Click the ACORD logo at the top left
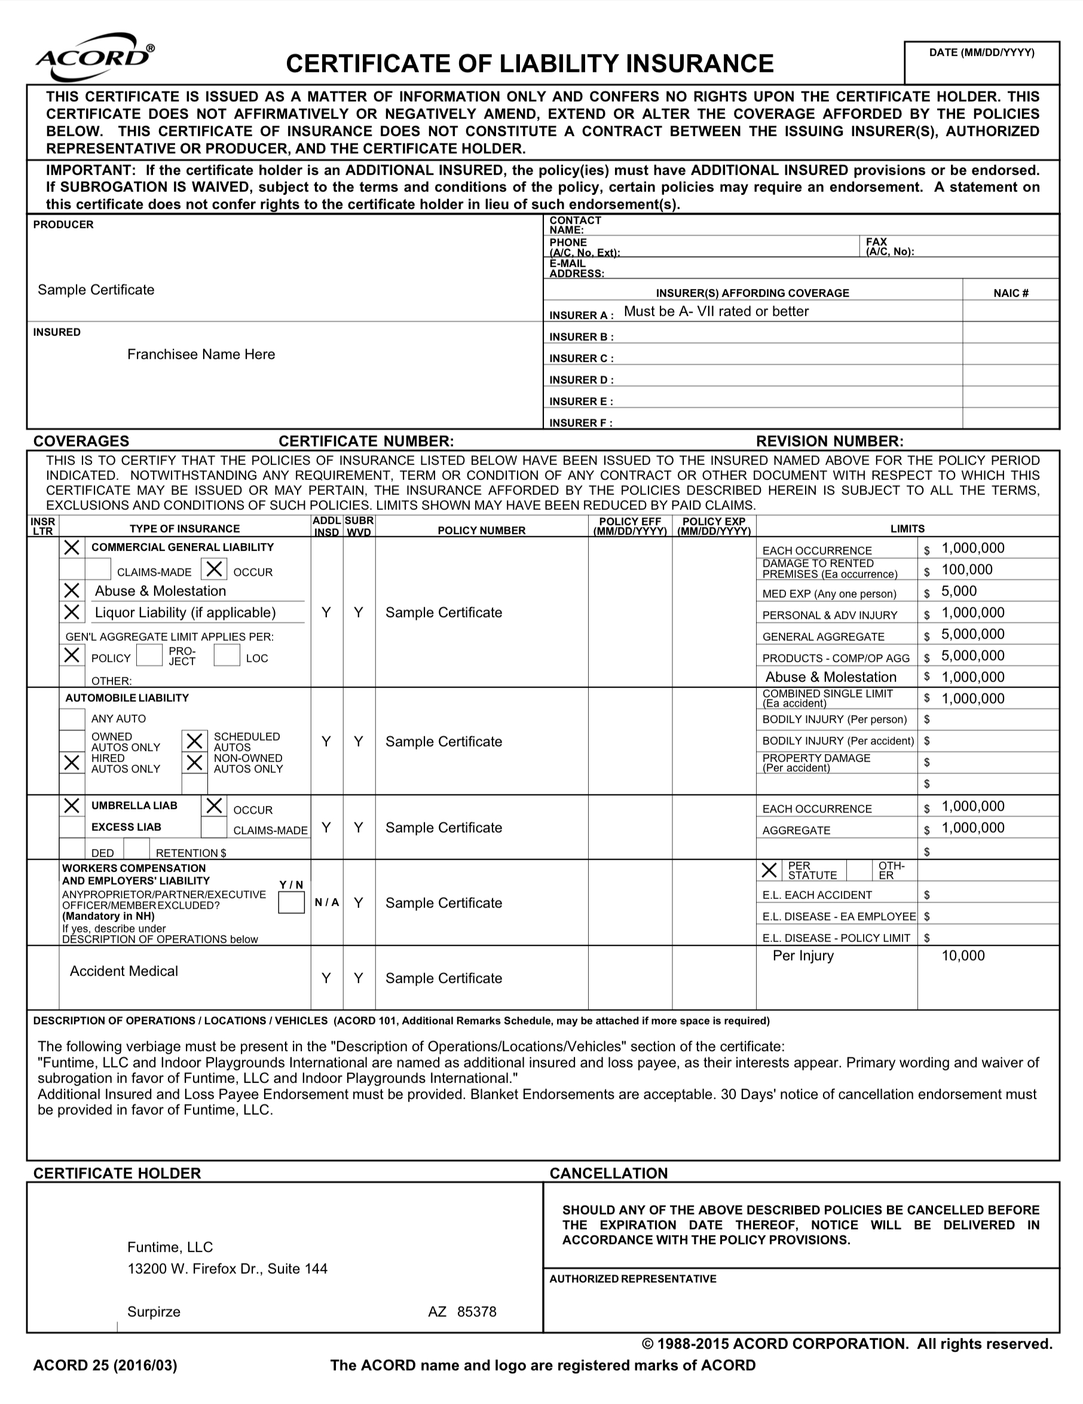(95, 58)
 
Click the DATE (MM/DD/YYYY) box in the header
(981, 63)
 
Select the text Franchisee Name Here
(201, 354)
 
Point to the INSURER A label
(581, 315)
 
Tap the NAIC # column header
(1010, 293)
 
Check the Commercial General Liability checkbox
(72, 547)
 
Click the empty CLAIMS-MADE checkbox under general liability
(97, 570)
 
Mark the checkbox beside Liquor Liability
(72, 612)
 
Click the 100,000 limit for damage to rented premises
(966, 570)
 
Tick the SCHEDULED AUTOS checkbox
(195, 741)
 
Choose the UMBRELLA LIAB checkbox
(72, 806)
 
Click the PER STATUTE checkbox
(769, 870)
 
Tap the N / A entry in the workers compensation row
(326, 903)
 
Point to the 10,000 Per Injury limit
(963, 956)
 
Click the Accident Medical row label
(123, 971)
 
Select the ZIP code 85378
(476, 1312)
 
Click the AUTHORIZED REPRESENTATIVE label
(632, 1279)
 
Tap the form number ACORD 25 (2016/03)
(105, 1365)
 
